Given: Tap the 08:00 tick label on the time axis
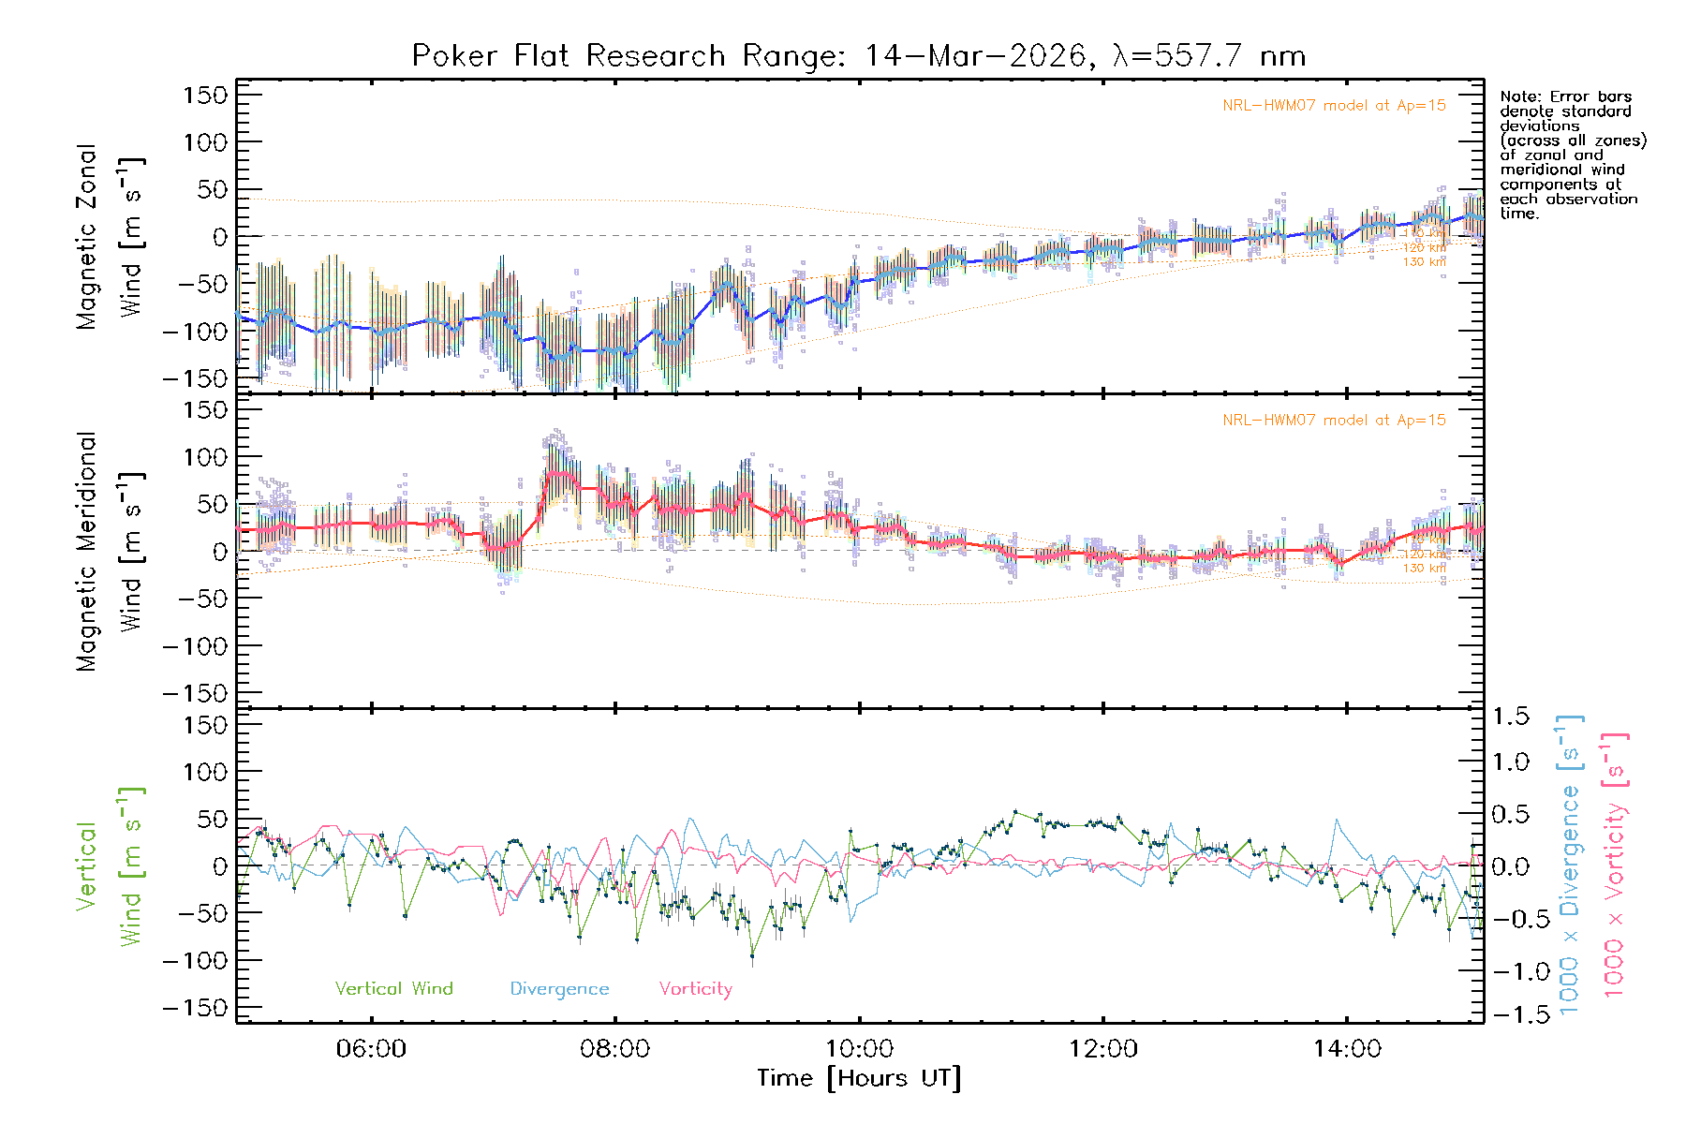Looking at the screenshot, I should coord(614,1049).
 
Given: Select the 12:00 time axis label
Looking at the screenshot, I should coord(1102,1049).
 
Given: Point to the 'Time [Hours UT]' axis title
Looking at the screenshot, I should coord(859,1079).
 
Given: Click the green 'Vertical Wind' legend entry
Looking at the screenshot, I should coord(393,989).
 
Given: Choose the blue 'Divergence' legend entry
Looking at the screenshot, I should coord(559,989).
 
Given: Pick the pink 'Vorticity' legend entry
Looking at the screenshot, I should coord(695,989).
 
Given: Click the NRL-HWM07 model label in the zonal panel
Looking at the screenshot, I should coord(1334,106).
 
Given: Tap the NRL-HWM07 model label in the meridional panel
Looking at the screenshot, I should coord(1334,421).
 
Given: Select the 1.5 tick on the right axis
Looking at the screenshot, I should coord(1510,717).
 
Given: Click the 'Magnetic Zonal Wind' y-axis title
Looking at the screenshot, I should coord(110,236).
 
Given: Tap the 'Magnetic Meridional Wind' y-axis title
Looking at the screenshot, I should coord(110,551).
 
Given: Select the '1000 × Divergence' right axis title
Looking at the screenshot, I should coord(1570,865).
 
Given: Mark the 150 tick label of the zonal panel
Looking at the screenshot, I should coord(205,96).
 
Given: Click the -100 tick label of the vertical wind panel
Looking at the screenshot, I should coord(196,961).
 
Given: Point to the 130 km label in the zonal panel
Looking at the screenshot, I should coord(1424,262).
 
